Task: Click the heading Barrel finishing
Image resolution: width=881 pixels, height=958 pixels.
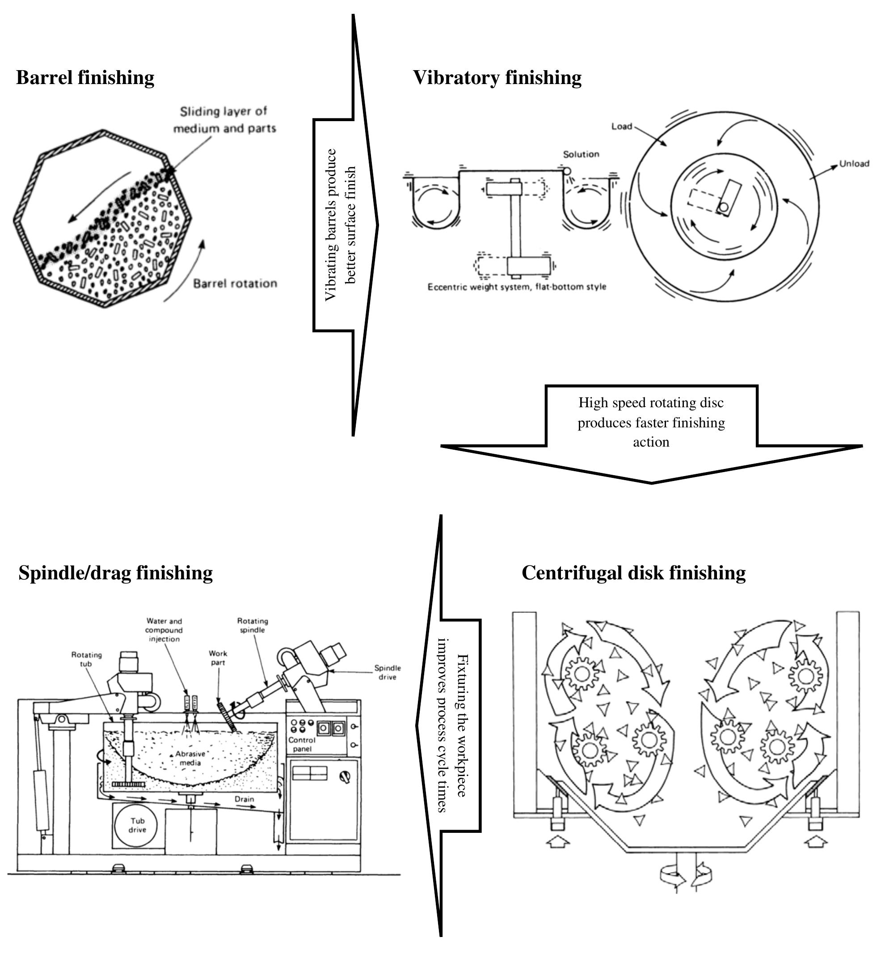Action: click(85, 78)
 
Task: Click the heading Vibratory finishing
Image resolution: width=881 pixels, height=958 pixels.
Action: click(497, 78)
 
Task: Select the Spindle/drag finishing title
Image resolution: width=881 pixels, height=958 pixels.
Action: click(115, 573)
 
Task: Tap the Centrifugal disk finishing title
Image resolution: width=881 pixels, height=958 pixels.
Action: click(633, 573)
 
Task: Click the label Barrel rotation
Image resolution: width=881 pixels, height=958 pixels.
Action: click(235, 284)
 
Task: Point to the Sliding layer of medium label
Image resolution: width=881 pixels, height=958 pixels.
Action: click(223, 120)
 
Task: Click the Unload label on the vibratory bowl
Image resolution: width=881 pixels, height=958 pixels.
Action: click(854, 164)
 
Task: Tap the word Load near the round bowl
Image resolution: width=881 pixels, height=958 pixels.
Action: click(621, 127)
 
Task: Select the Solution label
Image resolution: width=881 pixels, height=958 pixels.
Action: click(581, 154)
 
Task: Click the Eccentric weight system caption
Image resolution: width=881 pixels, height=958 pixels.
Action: click(516, 287)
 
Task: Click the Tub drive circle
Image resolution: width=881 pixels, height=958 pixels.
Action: click(137, 825)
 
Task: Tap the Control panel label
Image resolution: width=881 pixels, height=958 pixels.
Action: click(302, 744)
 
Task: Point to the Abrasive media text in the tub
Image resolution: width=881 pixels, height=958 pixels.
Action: click(190, 758)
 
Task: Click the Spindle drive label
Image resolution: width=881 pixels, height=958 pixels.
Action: click(387, 672)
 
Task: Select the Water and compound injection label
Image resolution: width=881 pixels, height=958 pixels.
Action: click(164, 630)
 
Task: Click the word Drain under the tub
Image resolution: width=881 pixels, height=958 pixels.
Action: click(244, 799)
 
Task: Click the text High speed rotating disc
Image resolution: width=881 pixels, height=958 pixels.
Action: click(651, 403)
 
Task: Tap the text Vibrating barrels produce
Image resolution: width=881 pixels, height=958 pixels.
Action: click(330, 224)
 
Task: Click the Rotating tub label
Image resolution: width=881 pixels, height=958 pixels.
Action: click(86, 659)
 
